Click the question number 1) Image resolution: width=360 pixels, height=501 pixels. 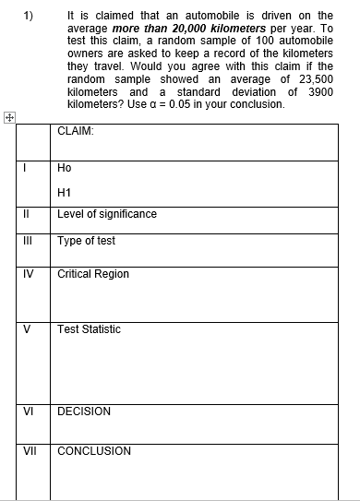(x=30, y=15)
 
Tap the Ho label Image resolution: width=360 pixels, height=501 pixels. (x=64, y=168)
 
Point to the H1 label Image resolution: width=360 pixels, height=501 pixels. (x=64, y=192)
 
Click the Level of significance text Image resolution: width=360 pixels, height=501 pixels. (x=106, y=214)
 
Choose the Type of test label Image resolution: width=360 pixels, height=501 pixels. (x=86, y=241)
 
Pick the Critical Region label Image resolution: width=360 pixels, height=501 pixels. (x=92, y=274)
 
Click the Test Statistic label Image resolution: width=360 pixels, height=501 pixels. (x=89, y=329)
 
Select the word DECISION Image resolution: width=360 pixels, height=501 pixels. (x=83, y=412)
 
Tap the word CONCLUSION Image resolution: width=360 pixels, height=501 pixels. (x=93, y=451)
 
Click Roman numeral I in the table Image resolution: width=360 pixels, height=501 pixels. (x=28, y=168)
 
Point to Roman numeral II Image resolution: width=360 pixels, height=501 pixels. (x=28, y=214)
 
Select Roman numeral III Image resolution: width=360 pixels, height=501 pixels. (x=28, y=241)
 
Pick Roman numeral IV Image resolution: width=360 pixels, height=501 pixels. (x=28, y=274)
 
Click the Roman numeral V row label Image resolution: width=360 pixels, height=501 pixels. (x=28, y=329)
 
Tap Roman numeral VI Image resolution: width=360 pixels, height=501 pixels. (x=28, y=412)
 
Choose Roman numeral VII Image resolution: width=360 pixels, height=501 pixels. (x=28, y=451)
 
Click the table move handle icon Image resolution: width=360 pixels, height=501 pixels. (x=8, y=117)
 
